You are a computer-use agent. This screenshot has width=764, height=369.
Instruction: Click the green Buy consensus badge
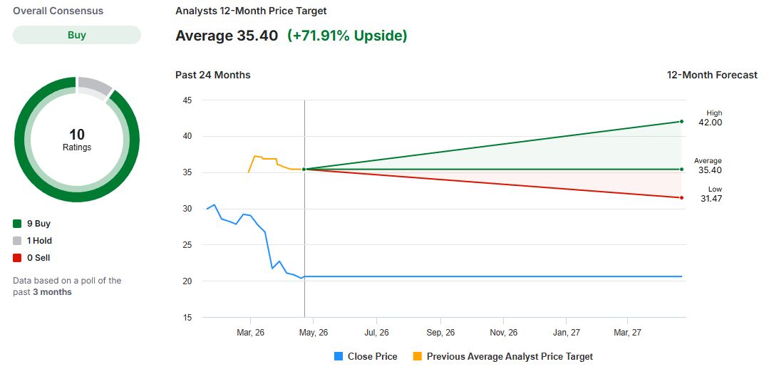pos(77,35)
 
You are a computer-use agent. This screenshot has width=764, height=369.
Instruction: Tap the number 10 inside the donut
pos(77,135)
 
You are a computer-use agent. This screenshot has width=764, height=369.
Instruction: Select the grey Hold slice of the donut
pos(94,87)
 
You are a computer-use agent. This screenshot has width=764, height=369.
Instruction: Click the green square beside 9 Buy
pos(17,224)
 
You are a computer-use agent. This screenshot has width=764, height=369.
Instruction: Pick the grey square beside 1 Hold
pos(17,241)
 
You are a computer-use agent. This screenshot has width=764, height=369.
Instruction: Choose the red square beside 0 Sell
pos(17,258)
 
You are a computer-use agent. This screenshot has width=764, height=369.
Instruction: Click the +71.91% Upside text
pos(347,36)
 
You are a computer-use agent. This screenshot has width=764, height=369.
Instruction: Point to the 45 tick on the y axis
pos(187,100)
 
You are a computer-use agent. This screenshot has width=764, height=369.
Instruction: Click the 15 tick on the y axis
pos(187,318)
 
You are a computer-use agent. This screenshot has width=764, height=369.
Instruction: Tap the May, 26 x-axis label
pos(313,333)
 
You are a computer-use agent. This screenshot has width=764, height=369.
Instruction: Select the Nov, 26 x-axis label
pos(503,333)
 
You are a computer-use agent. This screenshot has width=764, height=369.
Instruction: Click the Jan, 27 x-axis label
pos(566,333)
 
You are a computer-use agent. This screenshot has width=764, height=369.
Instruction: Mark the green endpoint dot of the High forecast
pos(682,121)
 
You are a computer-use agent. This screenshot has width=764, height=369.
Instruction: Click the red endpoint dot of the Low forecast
pos(682,198)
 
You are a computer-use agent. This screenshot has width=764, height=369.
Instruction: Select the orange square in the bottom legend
pos(417,356)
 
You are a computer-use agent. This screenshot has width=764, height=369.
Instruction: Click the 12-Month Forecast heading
pos(712,75)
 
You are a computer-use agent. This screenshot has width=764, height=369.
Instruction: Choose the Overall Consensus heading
pos(58,11)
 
